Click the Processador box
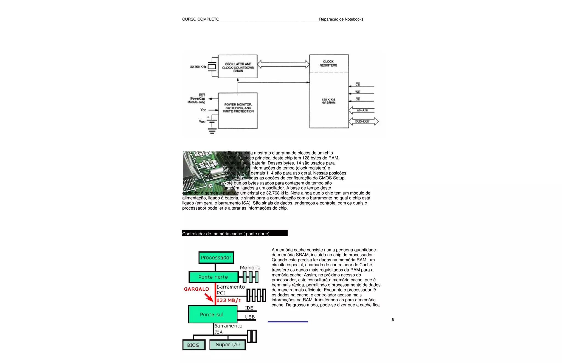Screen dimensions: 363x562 tap(216, 258)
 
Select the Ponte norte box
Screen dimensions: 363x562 tap(213, 277)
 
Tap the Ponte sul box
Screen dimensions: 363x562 tap(212, 314)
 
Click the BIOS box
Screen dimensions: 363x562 tap(193, 345)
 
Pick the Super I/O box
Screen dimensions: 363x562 tap(227, 345)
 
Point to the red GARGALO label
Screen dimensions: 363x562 tap(196, 289)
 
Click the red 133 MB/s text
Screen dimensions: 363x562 tap(228, 300)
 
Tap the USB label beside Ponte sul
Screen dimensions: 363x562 tap(250, 317)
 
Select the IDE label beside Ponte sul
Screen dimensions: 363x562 tap(249, 308)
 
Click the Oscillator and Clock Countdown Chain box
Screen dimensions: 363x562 tap(238, 67)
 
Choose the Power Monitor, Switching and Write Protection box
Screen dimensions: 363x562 tap(238, 110)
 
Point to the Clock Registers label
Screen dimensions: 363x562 tap(328, 63)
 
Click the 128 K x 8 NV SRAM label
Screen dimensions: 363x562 tap(328, 101)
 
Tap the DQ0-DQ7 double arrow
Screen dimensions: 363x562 tap(363, 121)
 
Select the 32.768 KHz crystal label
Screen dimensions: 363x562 tap(198, 67)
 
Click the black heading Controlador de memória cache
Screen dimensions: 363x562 tap(235, 233)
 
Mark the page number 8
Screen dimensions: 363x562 tap(393, 319)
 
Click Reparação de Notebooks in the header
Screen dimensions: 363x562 tap(341, 19)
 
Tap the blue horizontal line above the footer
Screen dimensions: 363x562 tap(288, 322)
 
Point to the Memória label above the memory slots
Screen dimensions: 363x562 tap(250, 268)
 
